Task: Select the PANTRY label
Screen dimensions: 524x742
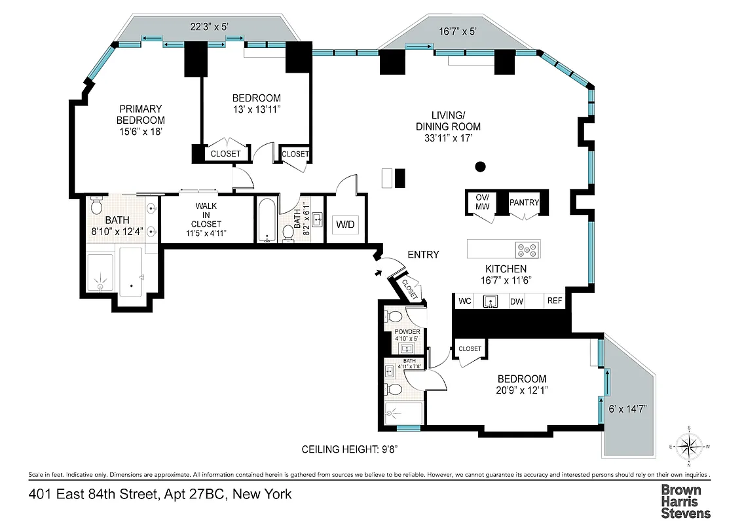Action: [x=523, y=202]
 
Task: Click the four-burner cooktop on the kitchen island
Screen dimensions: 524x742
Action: [x=528, y=249]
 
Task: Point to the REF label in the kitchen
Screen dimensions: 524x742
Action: [x=555, y=301]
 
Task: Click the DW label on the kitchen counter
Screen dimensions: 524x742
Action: [x=516, y=301]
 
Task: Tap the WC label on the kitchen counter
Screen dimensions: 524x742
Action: [x=465, y=301]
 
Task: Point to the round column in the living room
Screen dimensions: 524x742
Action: [x=480, y=166]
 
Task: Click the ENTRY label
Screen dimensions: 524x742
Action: [x=423, y=255]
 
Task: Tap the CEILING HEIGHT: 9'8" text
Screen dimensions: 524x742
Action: [x=358, y=449]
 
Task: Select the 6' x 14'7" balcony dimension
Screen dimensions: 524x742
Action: [x=627, y=409]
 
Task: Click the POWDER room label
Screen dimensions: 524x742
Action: [x=407, y=333]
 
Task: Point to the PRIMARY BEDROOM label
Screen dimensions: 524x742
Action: [x=141, y=120]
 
